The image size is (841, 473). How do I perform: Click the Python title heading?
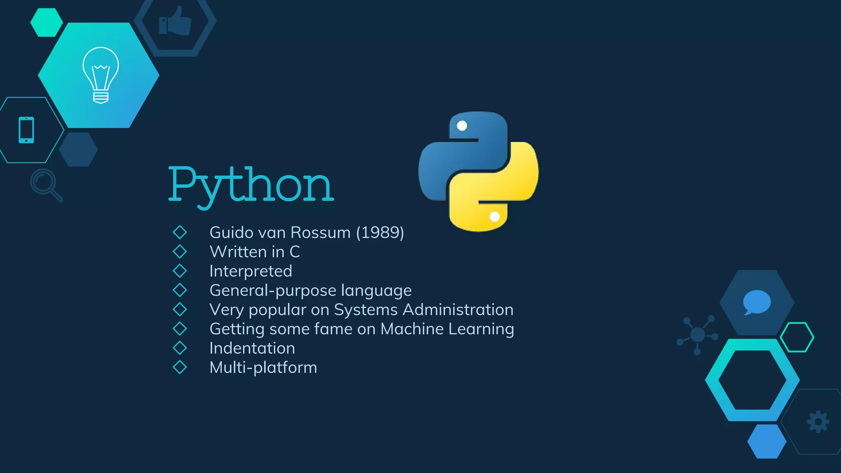tap(251, 186)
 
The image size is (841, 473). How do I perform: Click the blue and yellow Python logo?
tap(478, 171)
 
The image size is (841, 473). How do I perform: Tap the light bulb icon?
tap(101, 75)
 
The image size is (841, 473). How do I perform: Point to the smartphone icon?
tap(26, 130)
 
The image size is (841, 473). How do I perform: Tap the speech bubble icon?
tap(756, 302)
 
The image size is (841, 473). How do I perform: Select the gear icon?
tap(818, 422)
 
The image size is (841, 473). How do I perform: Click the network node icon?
tap(697, 335)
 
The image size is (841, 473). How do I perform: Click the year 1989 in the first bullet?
tap(380, 233)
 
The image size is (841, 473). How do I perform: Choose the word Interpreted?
tap(250, 271)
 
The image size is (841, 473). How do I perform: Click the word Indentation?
tap(252, 349)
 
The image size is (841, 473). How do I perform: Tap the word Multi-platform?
tap(263, 367)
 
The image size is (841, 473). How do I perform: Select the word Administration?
tap(458, 310)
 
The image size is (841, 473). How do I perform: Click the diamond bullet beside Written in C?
tap(180, 252)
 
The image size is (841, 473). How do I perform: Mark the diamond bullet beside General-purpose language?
tap(180, 290)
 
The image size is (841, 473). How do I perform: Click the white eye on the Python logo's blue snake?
tap(462, 126)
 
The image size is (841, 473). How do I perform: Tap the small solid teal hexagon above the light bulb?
tap(46, 23)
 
